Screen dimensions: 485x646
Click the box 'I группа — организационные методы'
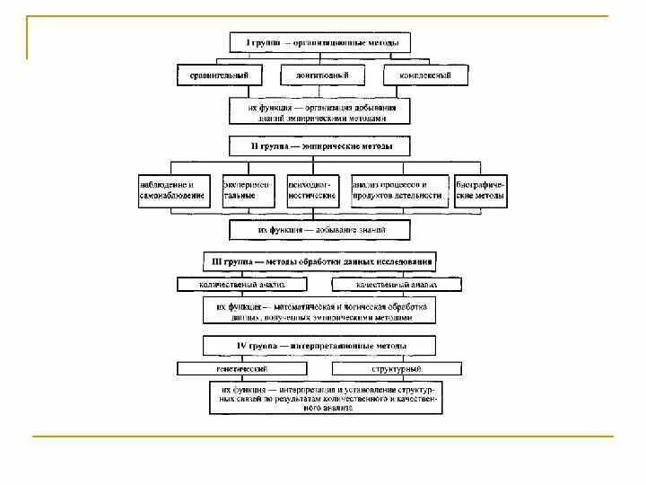[319, 42]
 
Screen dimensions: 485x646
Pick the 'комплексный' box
[424, 75]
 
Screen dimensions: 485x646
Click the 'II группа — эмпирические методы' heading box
[319, 145]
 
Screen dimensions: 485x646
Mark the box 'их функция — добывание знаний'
[319, 231]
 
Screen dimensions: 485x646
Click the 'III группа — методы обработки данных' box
[319, 261]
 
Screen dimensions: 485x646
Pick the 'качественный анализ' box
[397, 285]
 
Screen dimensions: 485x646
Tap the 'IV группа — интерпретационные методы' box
[319, 345]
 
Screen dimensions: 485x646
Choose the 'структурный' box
[397, 368]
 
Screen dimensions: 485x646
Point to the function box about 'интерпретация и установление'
[325, 399]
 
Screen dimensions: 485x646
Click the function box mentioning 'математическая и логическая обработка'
[319, 312]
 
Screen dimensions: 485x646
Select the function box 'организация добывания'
[319, 111]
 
